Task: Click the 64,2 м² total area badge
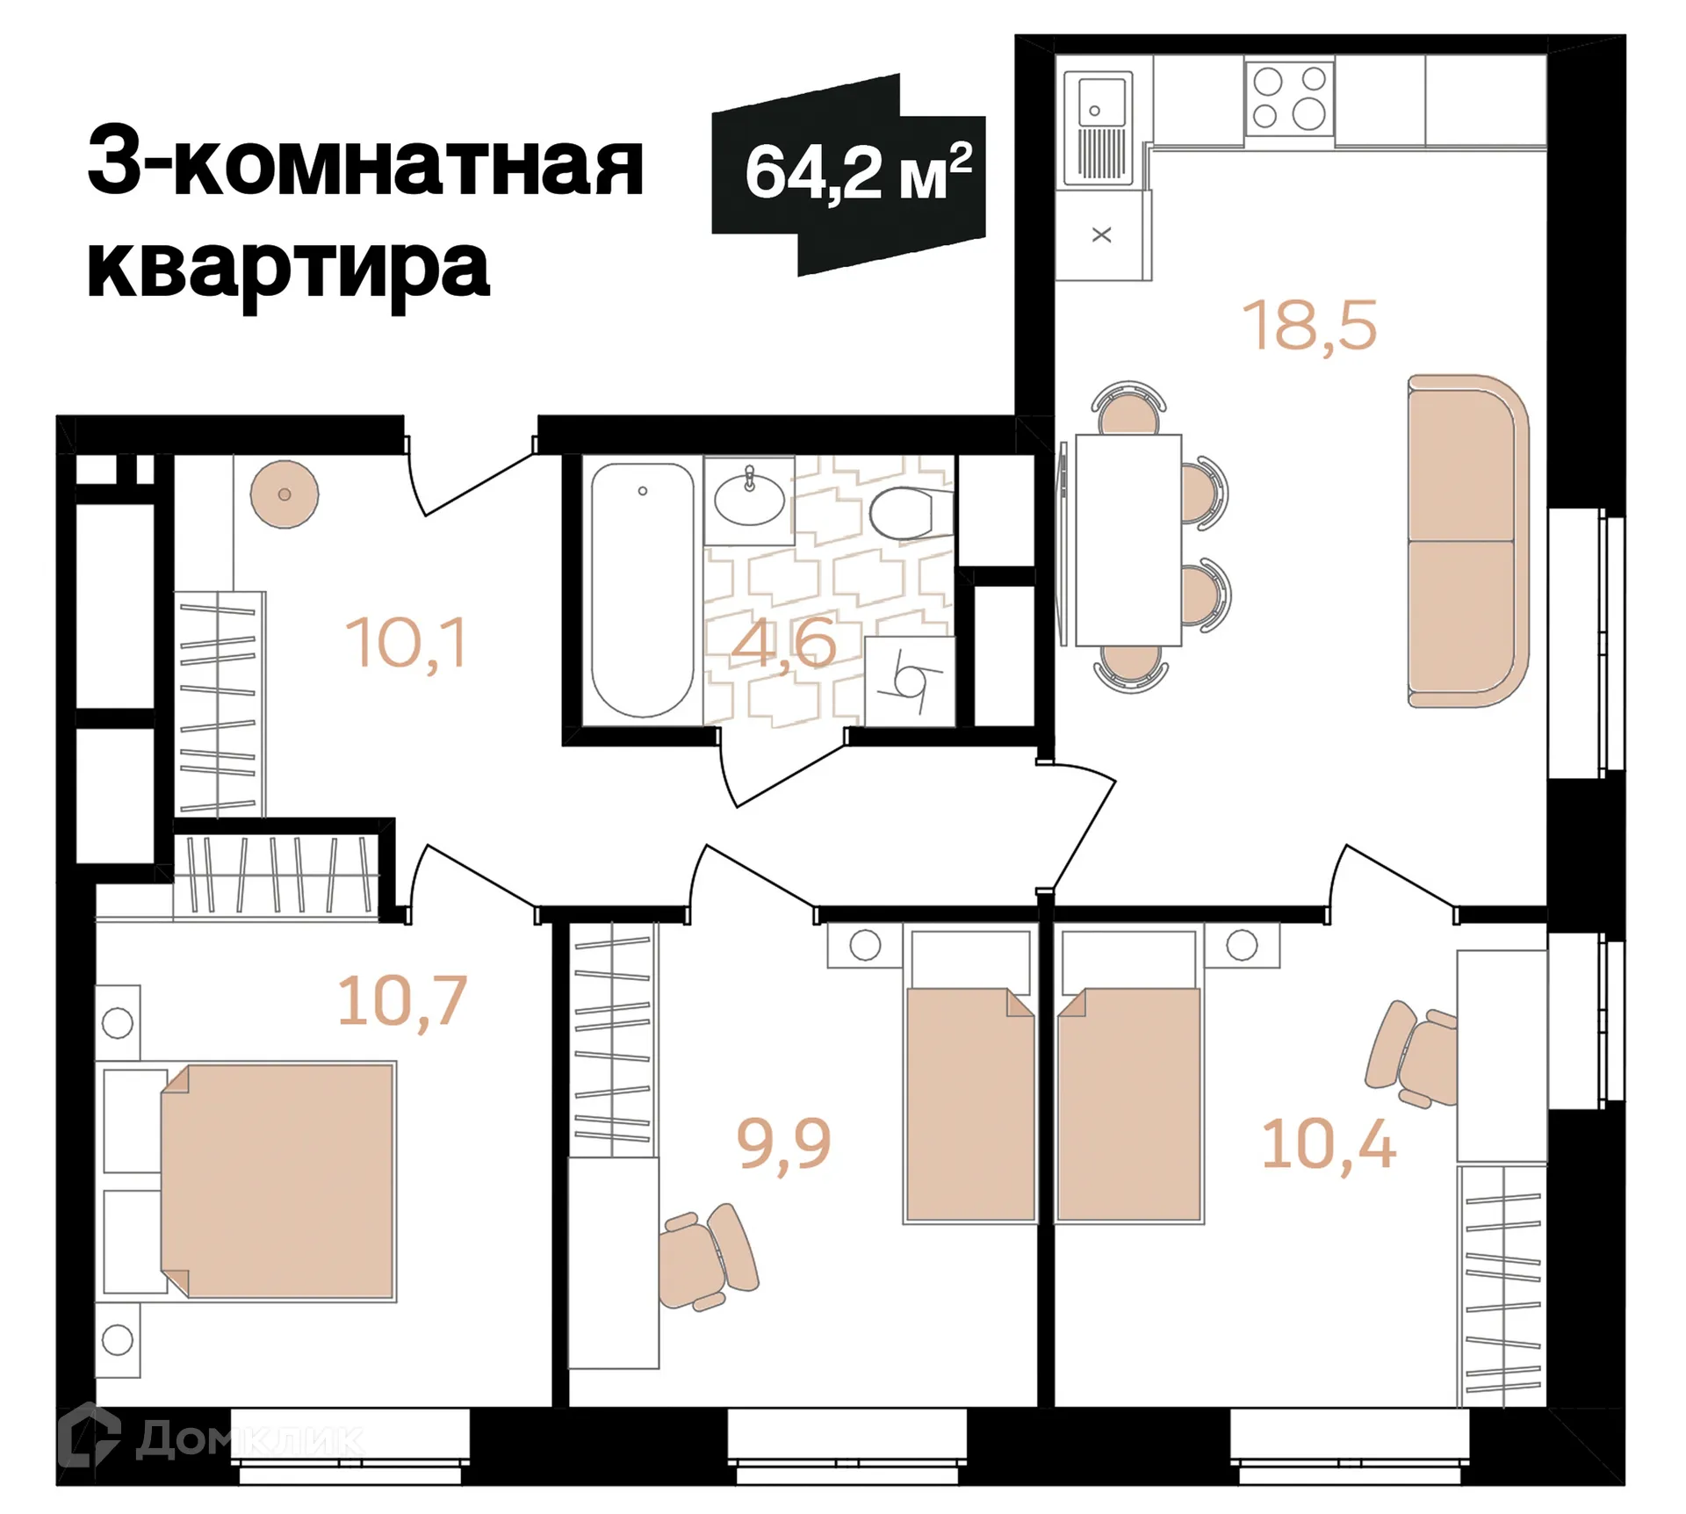point(848,174)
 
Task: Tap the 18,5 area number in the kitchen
point(1309,326)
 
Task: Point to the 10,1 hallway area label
point(407,644)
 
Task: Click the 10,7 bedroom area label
point(402,1001)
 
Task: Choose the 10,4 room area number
point(1328,1145)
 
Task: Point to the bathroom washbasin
point(749,501)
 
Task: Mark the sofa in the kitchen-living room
point(1467,541)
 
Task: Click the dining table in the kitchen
point(1128,539)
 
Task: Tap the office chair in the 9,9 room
point(707,1257)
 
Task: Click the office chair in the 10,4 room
point(1409,1055)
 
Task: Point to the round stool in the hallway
point(285,494)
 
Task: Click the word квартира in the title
point(288,266)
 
